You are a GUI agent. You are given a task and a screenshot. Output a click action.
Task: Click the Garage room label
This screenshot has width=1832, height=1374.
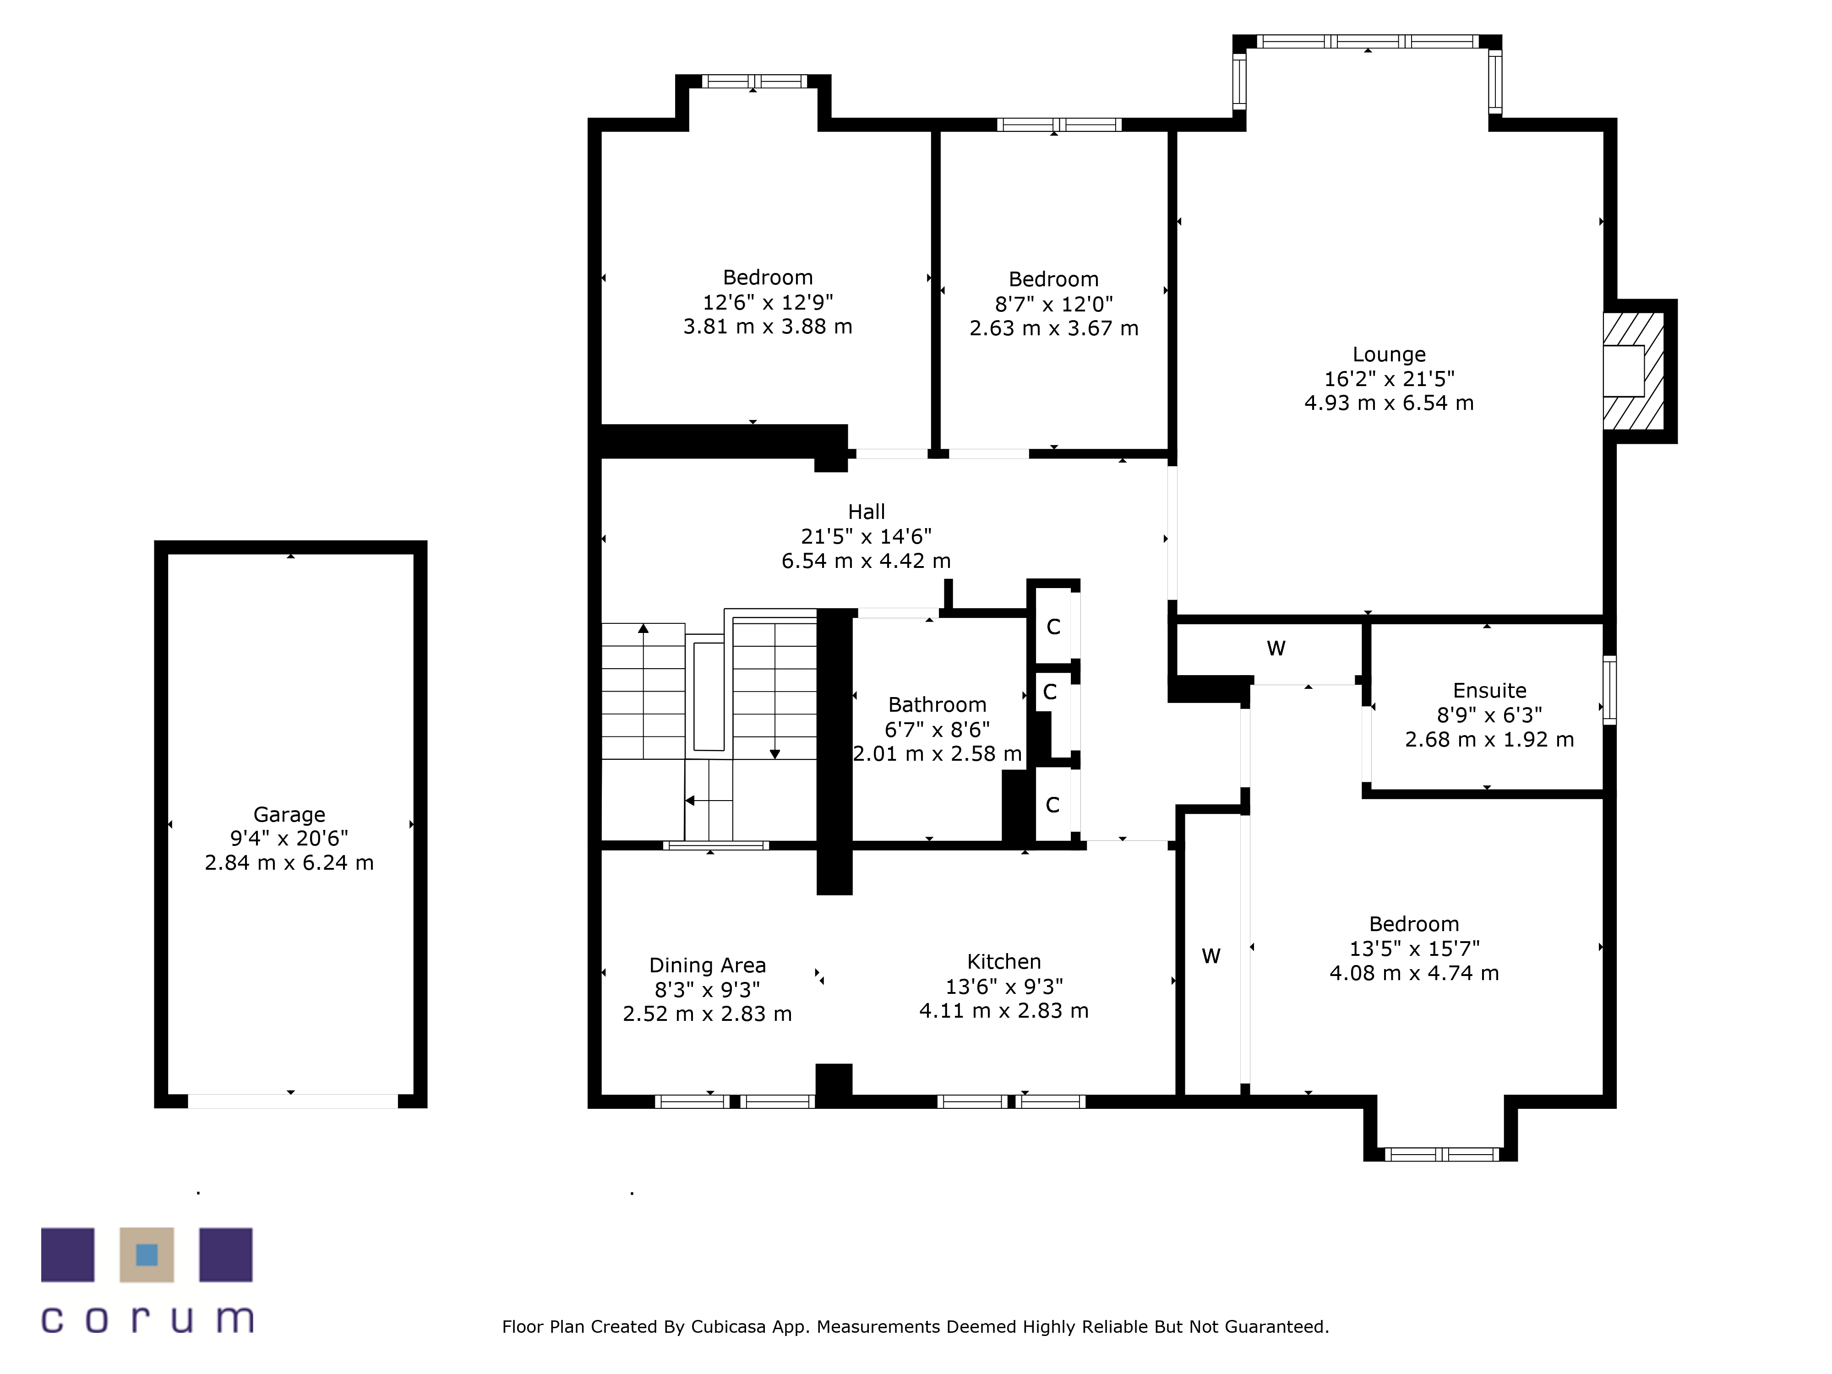point(289,814)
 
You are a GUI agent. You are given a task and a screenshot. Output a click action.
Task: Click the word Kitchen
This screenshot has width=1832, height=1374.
point(1004,961)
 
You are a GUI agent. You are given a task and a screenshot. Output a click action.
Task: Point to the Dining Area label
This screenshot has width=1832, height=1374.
point(707,965)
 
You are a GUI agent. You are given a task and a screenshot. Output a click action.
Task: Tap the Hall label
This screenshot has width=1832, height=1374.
point(867,512)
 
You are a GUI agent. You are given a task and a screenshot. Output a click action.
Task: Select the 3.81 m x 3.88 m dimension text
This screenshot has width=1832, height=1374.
point(768,326)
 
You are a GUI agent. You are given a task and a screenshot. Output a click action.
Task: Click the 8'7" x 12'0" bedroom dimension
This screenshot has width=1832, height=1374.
point(1053,304)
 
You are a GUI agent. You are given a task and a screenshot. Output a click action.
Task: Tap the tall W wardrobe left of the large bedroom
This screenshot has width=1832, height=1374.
point(1211,957)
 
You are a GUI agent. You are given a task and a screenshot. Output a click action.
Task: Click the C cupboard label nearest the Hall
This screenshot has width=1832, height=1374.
point(1053,627)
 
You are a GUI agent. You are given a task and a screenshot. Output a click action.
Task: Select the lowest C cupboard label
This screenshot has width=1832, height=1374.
point(1052,805)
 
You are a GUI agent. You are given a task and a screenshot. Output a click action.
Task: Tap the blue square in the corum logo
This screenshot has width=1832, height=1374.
point(147,1255)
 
